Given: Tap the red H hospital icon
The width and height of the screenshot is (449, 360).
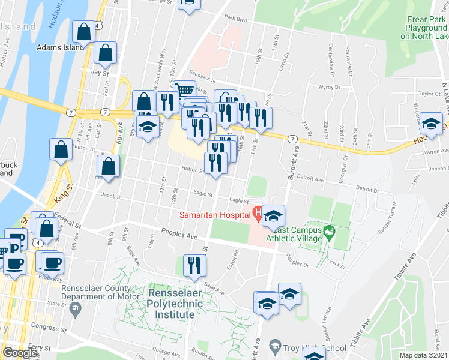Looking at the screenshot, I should [256, 212].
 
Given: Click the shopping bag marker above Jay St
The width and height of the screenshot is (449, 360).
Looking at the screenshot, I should [106, 53].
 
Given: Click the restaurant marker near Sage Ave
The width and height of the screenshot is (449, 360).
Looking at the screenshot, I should [194, 265].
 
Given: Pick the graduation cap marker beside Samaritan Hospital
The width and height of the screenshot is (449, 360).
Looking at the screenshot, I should [274, 215].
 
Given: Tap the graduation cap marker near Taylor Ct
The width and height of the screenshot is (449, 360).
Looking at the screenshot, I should [431, 123].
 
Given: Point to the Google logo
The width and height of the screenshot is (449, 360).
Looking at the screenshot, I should [20, 353].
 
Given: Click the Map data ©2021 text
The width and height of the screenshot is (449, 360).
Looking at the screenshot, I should [424, 355].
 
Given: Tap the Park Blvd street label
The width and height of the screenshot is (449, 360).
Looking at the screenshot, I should [235, 19].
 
